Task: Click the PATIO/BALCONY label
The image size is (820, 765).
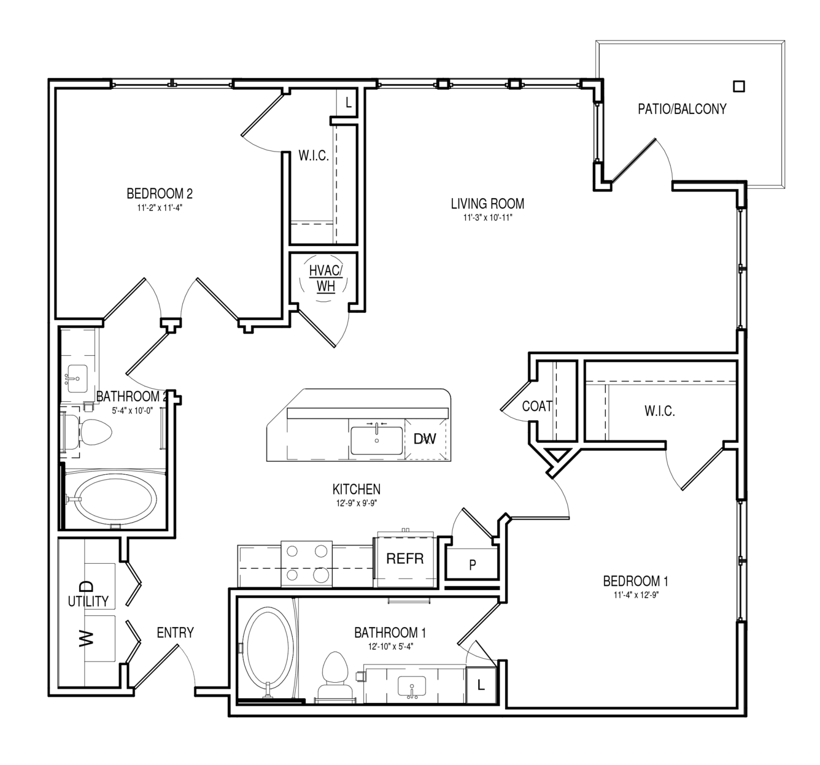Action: point(682,109)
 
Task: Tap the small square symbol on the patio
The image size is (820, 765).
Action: point(738,86)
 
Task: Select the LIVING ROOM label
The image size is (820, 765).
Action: point(487,204)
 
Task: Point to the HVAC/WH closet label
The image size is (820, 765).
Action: point(326,279)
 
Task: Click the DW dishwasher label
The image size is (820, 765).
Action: point(425,439)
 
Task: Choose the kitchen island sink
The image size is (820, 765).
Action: point(377,440)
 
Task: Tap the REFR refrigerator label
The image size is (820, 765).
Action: point(404,559)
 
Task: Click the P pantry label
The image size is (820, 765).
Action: point(473,565)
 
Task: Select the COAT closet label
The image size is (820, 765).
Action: point(537,406)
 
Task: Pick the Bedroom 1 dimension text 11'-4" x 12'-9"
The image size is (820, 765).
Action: point(636,595)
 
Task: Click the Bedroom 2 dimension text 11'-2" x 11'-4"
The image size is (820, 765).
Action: point(160,208)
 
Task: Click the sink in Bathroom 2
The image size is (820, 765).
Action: point(77,379)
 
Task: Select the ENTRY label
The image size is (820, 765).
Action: point(175,632)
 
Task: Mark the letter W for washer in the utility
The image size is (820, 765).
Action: point(87,638)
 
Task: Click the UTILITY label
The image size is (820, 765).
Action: point(88,602)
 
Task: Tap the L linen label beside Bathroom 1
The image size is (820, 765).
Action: point(481,685)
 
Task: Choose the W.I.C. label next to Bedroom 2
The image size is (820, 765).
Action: point(314,156)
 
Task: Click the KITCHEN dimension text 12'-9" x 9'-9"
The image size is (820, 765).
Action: point(357,503)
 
